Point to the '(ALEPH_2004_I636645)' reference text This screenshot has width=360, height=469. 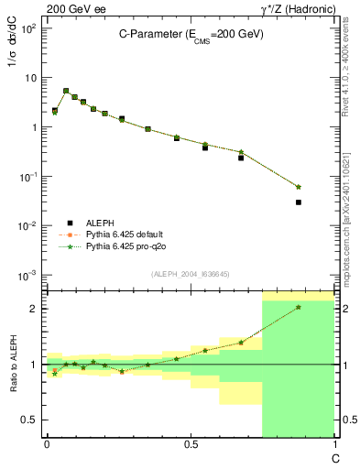point(191,273)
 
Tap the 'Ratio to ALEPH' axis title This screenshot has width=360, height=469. point(14,364)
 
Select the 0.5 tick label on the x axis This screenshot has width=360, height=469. point(190,444)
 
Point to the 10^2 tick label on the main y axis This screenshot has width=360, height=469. point(27,28)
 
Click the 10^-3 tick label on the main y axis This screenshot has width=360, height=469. point(27,276)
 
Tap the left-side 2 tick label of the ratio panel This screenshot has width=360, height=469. point(33,309)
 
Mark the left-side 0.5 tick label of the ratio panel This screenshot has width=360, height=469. point(29,420)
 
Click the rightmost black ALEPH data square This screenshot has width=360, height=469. point(299,202)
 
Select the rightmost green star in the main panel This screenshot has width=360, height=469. point(299,187)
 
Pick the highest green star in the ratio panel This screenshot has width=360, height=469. point(299,307)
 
